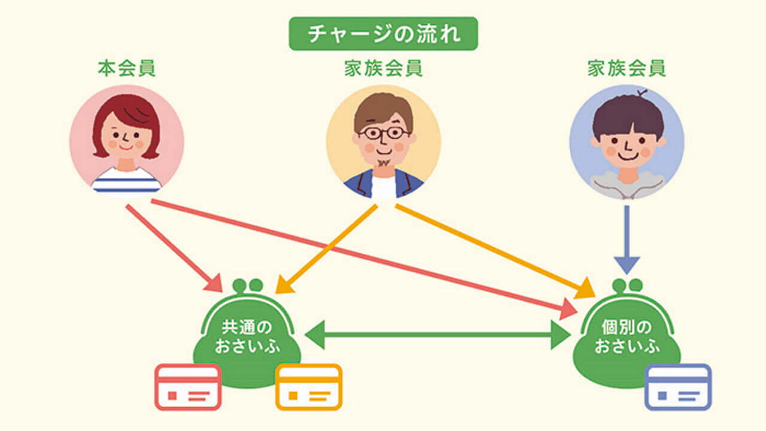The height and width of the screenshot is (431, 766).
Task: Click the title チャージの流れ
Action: [384, 34]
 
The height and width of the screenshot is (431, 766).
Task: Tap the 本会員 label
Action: [126, 68]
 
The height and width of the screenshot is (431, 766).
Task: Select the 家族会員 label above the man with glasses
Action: [383, 68]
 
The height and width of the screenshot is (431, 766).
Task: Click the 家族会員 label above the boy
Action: [627, 68]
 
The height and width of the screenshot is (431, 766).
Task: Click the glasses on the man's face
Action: [384, 132]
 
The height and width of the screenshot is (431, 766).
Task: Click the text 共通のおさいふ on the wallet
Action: [247, 336]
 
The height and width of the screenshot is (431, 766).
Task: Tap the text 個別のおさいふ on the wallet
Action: [626, 336]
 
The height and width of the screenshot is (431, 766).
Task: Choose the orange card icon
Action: [309, 387]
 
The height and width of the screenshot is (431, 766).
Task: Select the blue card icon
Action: [678, 387]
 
